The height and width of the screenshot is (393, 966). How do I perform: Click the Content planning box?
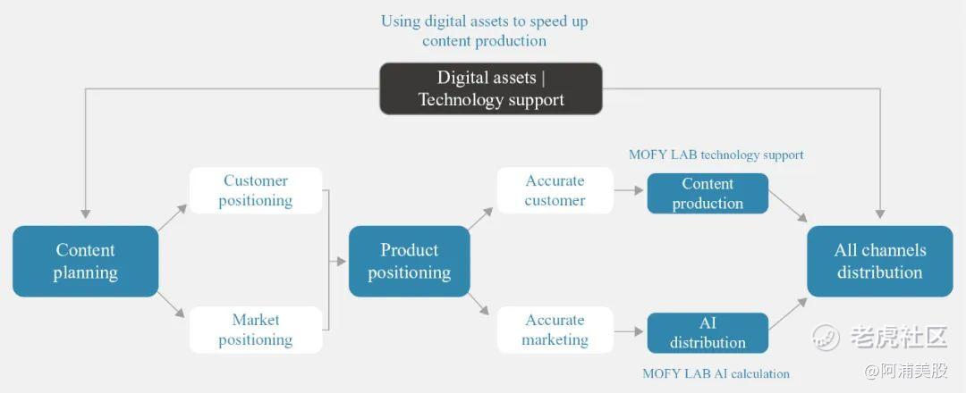(85, 261)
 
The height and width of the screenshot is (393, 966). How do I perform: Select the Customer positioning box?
(256, 190)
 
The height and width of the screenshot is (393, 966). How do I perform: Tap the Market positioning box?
(256, 330)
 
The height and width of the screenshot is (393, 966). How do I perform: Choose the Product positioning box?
(409, 261)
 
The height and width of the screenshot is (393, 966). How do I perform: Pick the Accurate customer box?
(555, 190)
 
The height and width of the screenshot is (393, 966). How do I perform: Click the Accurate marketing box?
(555, 330)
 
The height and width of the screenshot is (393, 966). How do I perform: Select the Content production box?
(708, 194)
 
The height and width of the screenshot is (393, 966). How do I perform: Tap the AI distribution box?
(708, 333)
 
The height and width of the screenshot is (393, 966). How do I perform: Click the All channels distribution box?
(879, 261)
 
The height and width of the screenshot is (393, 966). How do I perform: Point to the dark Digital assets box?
(491, 88)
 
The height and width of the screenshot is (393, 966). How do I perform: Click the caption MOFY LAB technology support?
(716, 155)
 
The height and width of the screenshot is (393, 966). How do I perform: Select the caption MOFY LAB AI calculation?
(716, 373)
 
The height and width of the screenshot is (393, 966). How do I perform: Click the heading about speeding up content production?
(484, 30)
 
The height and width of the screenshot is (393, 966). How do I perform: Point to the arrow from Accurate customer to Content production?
(630, 190)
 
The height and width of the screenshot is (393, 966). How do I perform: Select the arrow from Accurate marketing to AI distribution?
(630, 330)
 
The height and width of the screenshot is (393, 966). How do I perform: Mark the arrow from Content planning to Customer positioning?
(174, 215)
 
